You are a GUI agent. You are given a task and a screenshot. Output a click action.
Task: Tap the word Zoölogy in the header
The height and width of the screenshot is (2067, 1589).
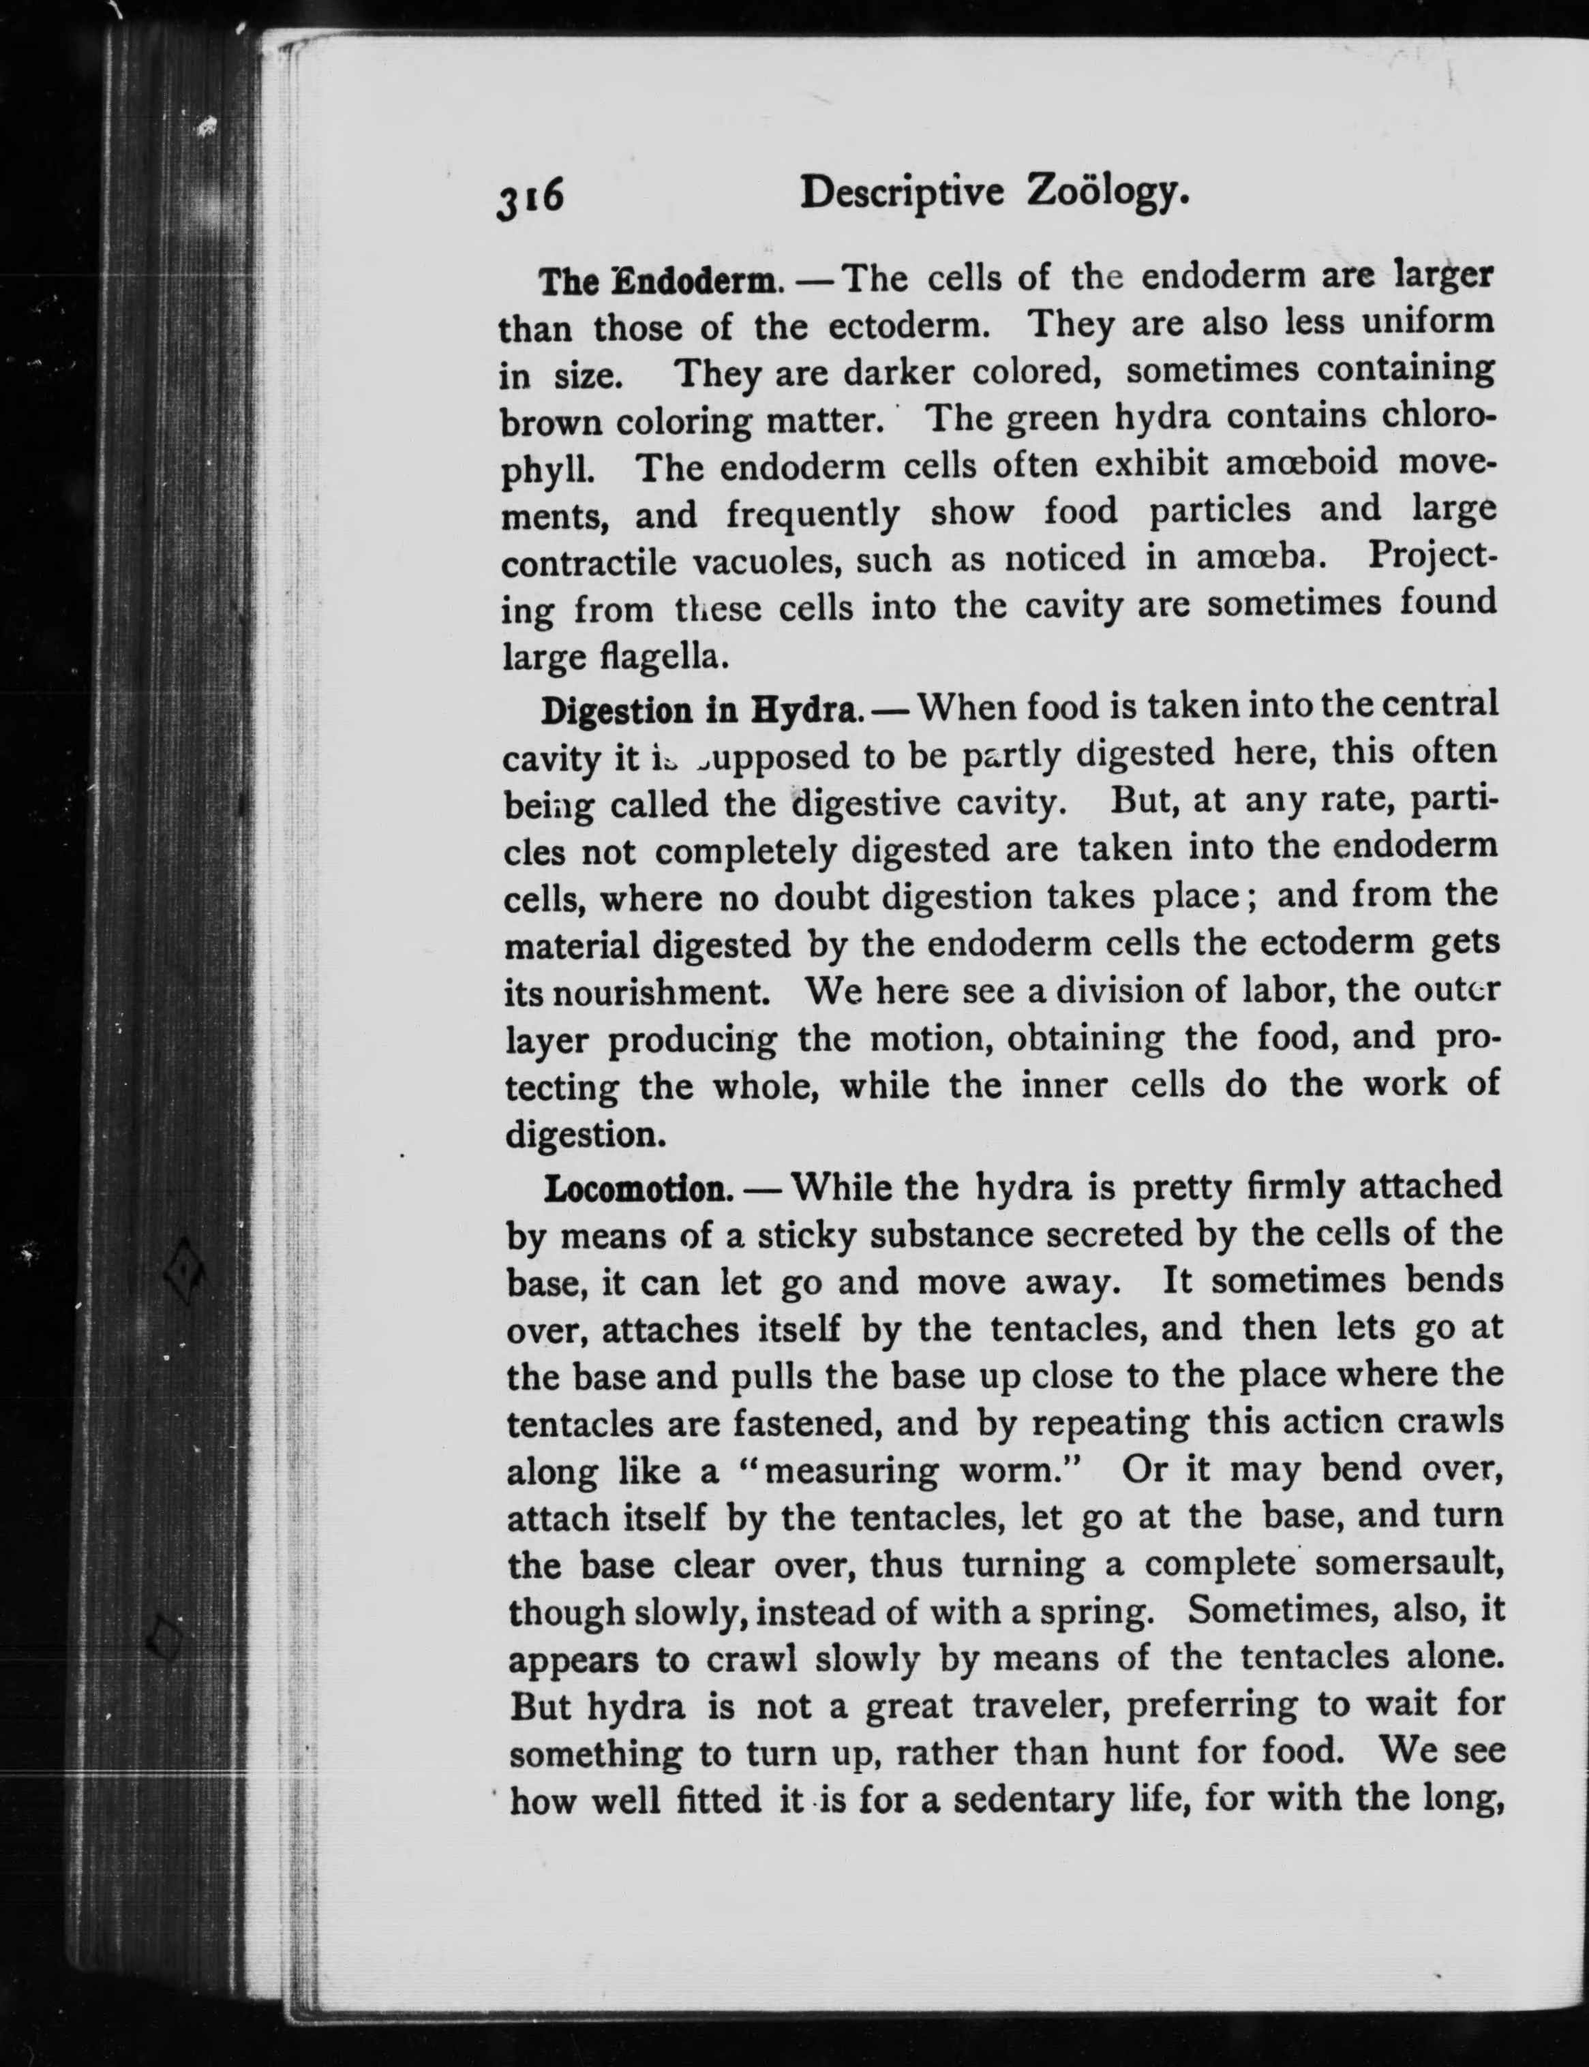1106,195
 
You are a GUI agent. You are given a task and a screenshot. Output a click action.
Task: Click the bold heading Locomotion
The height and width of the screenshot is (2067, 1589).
640,1189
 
